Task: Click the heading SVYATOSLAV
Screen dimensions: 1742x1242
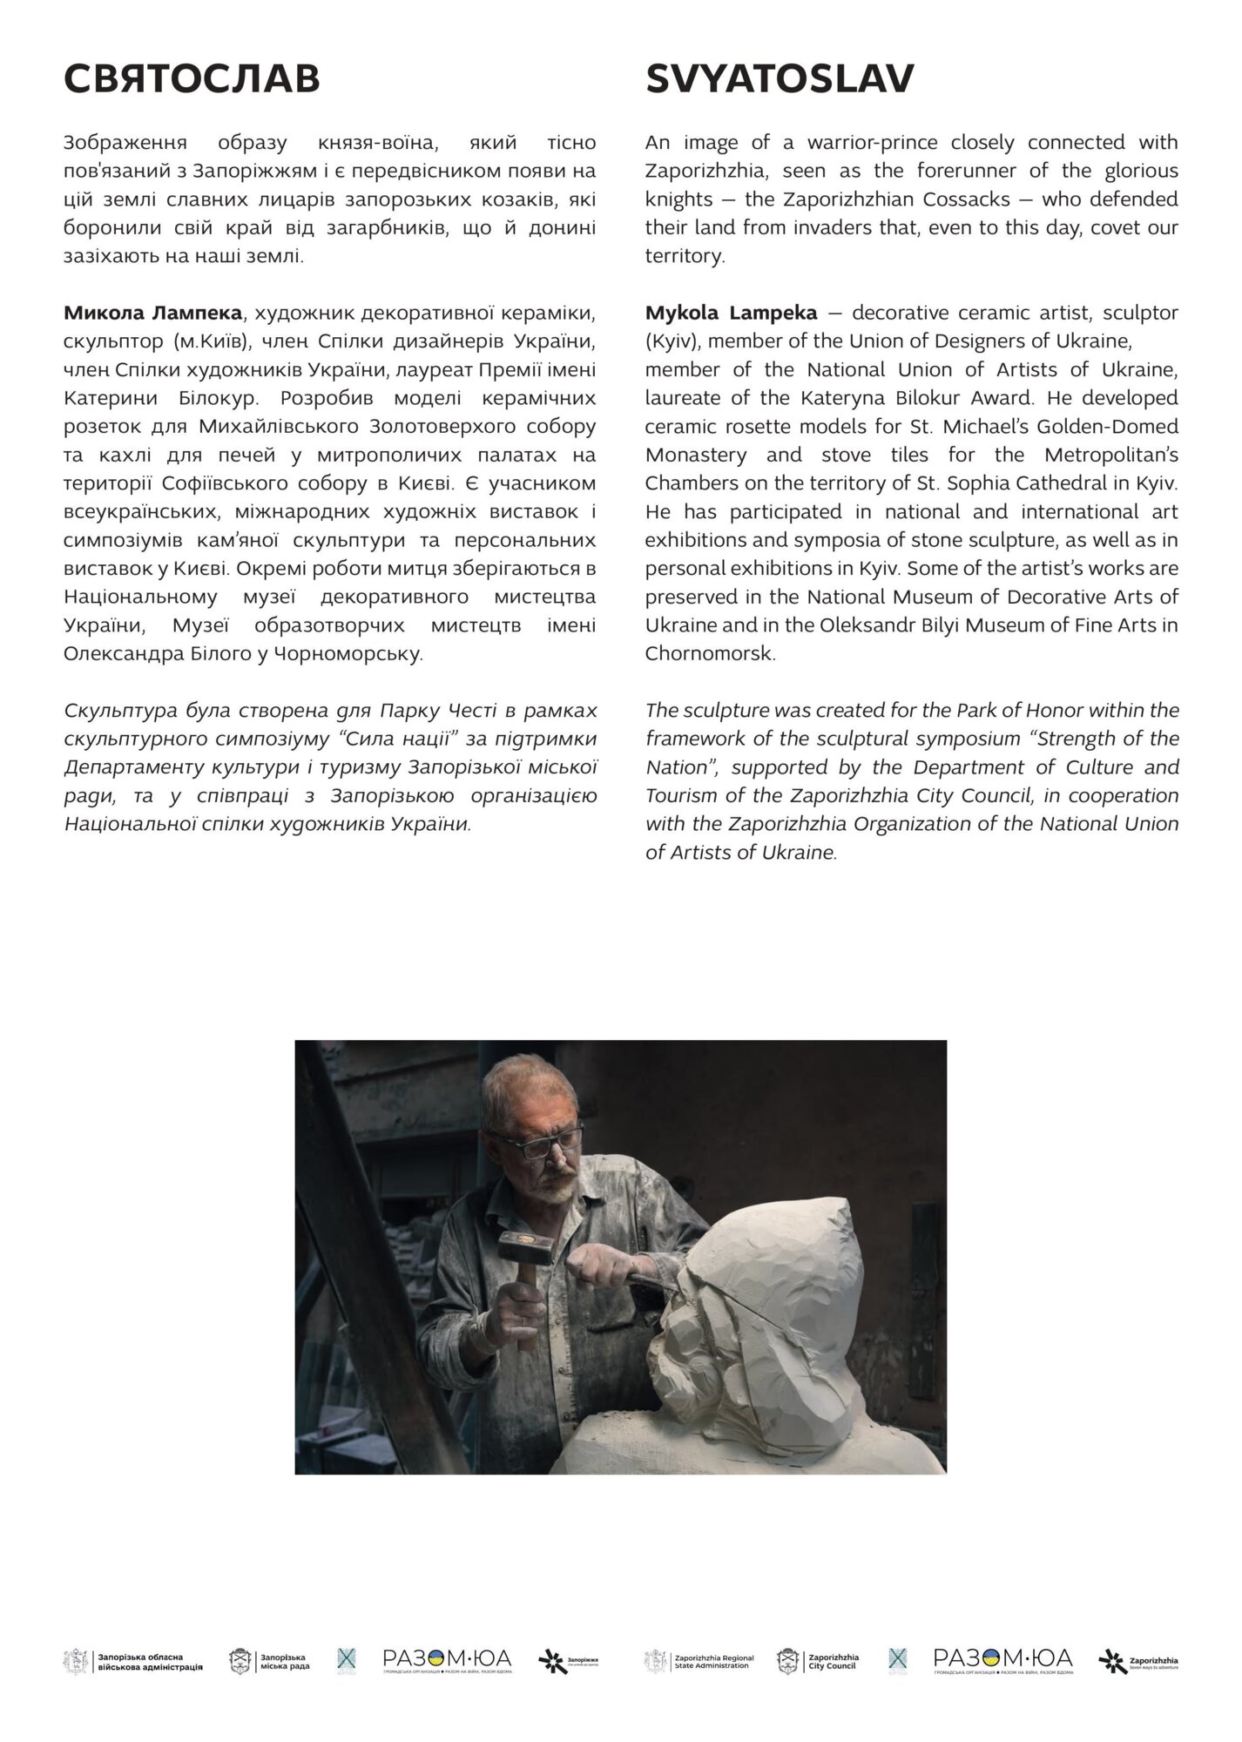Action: point(780,79)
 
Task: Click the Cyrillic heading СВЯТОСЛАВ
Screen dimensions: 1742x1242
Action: point(192,79)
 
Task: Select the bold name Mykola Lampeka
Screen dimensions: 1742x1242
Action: point(731,313)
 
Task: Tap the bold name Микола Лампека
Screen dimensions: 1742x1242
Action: point(153,313)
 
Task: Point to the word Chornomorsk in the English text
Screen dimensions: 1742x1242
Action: point(709,653)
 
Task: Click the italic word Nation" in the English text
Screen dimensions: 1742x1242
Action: point(674,767)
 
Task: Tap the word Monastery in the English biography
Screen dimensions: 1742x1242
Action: point(695,455)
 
